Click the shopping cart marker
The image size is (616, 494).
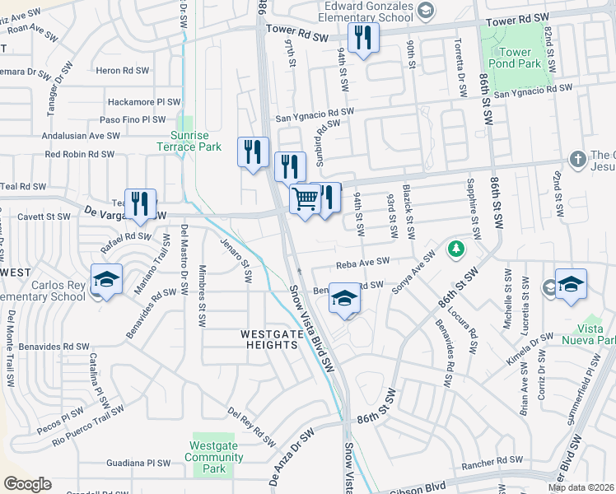click(306, 199)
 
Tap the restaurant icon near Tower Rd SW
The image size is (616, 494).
click(363, 38)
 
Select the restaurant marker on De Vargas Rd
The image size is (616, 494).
click(140, 204)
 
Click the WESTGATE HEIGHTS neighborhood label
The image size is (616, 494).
click(269, 339)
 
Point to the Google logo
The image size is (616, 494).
click(27, 484)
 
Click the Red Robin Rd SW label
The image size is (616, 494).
click(80, 154)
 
